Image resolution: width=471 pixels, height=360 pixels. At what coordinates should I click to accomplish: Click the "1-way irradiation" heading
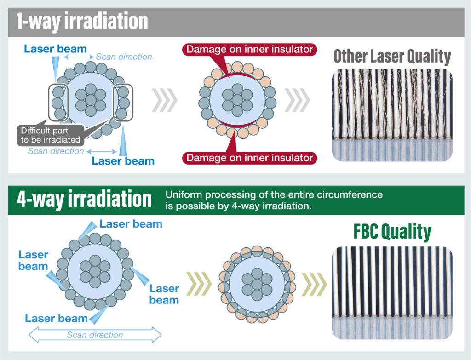82,22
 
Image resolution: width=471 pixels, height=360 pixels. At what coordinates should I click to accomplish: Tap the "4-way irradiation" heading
84,199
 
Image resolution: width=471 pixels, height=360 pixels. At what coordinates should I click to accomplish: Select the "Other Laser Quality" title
392,56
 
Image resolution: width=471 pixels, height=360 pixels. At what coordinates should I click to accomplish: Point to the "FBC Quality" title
392,231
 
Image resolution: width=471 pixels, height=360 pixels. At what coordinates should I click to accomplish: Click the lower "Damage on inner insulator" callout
250,158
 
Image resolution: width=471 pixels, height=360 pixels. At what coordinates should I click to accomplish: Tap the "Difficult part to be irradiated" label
51,135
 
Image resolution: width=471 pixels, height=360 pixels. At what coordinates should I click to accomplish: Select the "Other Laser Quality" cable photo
392,115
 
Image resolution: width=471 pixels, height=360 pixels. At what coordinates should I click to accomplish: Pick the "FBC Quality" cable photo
392,293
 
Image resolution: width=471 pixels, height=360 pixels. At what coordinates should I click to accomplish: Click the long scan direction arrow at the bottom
95,335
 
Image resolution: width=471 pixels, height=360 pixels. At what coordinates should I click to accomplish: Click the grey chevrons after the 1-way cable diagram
165,100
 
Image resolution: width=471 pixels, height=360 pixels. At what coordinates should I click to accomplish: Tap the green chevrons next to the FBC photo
314,284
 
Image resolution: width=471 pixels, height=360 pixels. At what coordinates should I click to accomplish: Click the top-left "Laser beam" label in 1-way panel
55,49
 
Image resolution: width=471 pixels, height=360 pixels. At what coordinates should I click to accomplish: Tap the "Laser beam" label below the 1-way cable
123,161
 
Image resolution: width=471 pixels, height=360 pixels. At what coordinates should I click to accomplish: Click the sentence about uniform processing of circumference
274,200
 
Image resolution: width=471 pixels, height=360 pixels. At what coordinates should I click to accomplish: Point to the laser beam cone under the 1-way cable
123,140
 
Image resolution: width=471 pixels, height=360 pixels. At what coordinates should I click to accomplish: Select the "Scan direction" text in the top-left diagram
124,57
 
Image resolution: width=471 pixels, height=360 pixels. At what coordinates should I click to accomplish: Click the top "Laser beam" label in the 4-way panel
131,224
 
